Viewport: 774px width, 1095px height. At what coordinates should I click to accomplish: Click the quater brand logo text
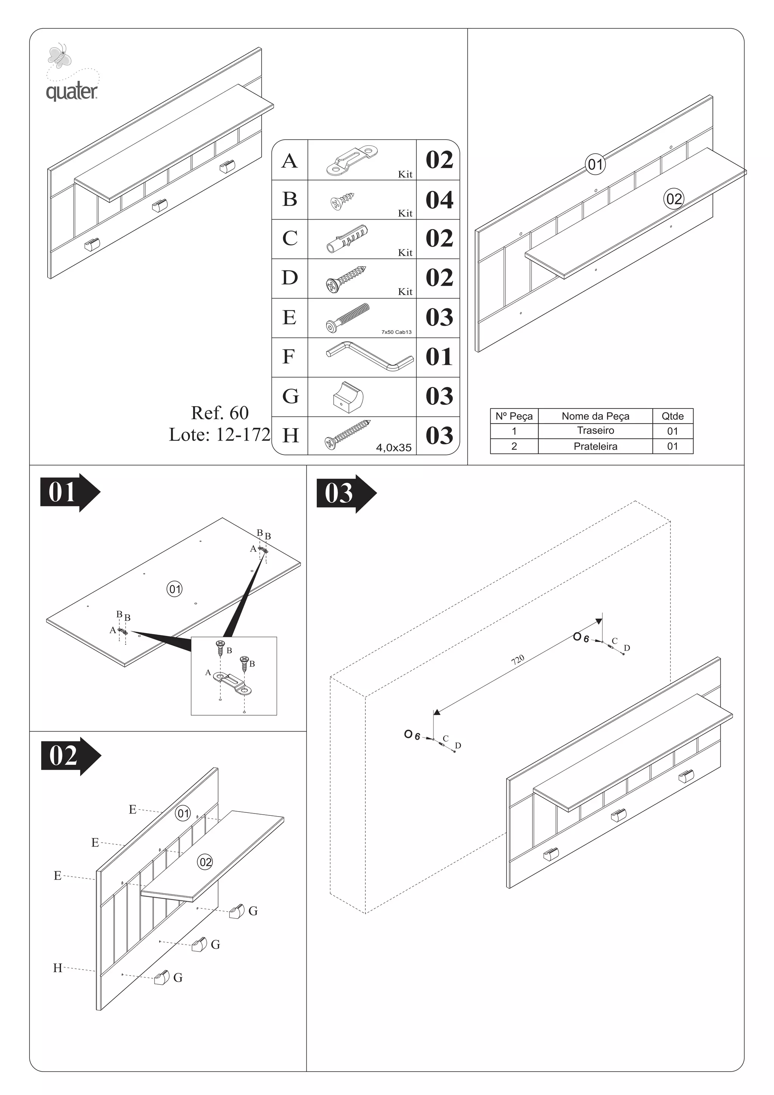(x=71, y=91)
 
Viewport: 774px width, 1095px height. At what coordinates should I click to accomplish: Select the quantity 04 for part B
(x=439, y=200)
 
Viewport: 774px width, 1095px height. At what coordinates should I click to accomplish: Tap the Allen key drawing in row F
(x=370, y=356)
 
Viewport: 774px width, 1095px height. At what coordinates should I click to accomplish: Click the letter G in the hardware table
(x=290, y=396)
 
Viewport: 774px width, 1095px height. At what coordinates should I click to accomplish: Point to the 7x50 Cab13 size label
(x=396, y=332)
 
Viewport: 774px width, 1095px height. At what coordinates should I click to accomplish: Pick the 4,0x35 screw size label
(x=393, y=447)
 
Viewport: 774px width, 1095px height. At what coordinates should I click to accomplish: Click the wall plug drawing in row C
(x=347, y=238)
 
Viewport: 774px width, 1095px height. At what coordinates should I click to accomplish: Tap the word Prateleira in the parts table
(x=595, y=446)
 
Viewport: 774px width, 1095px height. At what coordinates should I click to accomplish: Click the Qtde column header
(x=672, y=416)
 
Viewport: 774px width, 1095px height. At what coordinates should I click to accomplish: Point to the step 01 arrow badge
(x=70, y=492)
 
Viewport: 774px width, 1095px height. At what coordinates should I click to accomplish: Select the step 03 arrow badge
(x=346, y=493)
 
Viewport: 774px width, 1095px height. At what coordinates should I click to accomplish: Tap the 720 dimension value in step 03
(x=517, y=660)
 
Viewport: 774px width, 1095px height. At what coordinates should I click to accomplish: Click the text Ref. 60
(x=220, y=413)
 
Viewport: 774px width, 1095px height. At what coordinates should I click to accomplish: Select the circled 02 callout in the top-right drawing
(x=673, y=199)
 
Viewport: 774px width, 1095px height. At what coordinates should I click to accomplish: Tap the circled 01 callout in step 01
(x=175, y=589)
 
